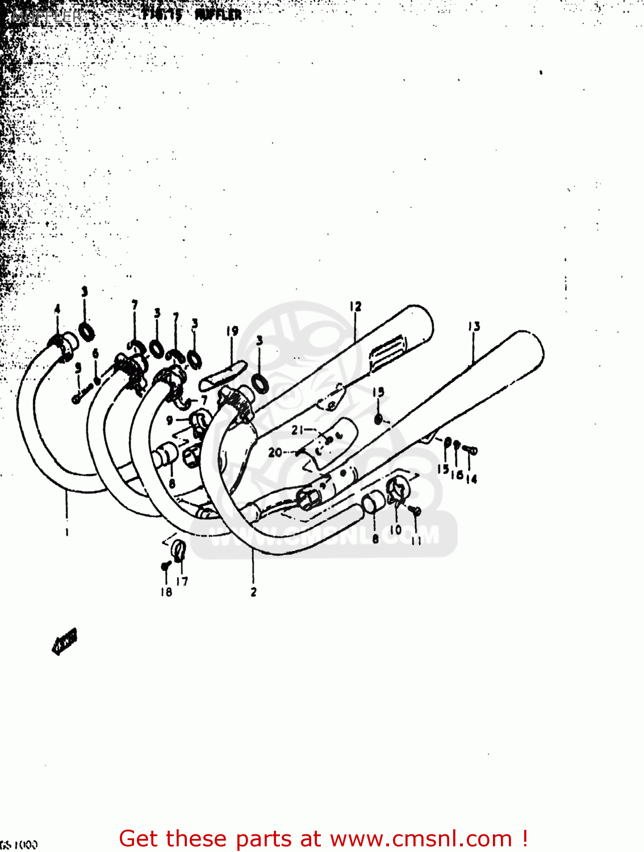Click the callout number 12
click(356, 307)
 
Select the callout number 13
click(474, 326)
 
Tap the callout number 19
click(232, 331)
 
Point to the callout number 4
click(57, 309)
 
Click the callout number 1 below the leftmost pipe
click(67, 532)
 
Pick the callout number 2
click(253, 592)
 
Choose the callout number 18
click(166, 592)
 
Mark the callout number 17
click(182, 581)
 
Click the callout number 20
click(275, 453)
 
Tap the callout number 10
click(396, 529)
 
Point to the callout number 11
click(416, 540)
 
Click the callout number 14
click(471, 479)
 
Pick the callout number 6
click(95, 353)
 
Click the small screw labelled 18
click(166, 566)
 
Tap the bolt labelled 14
click(470, 450)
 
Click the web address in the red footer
click(421, 839)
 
